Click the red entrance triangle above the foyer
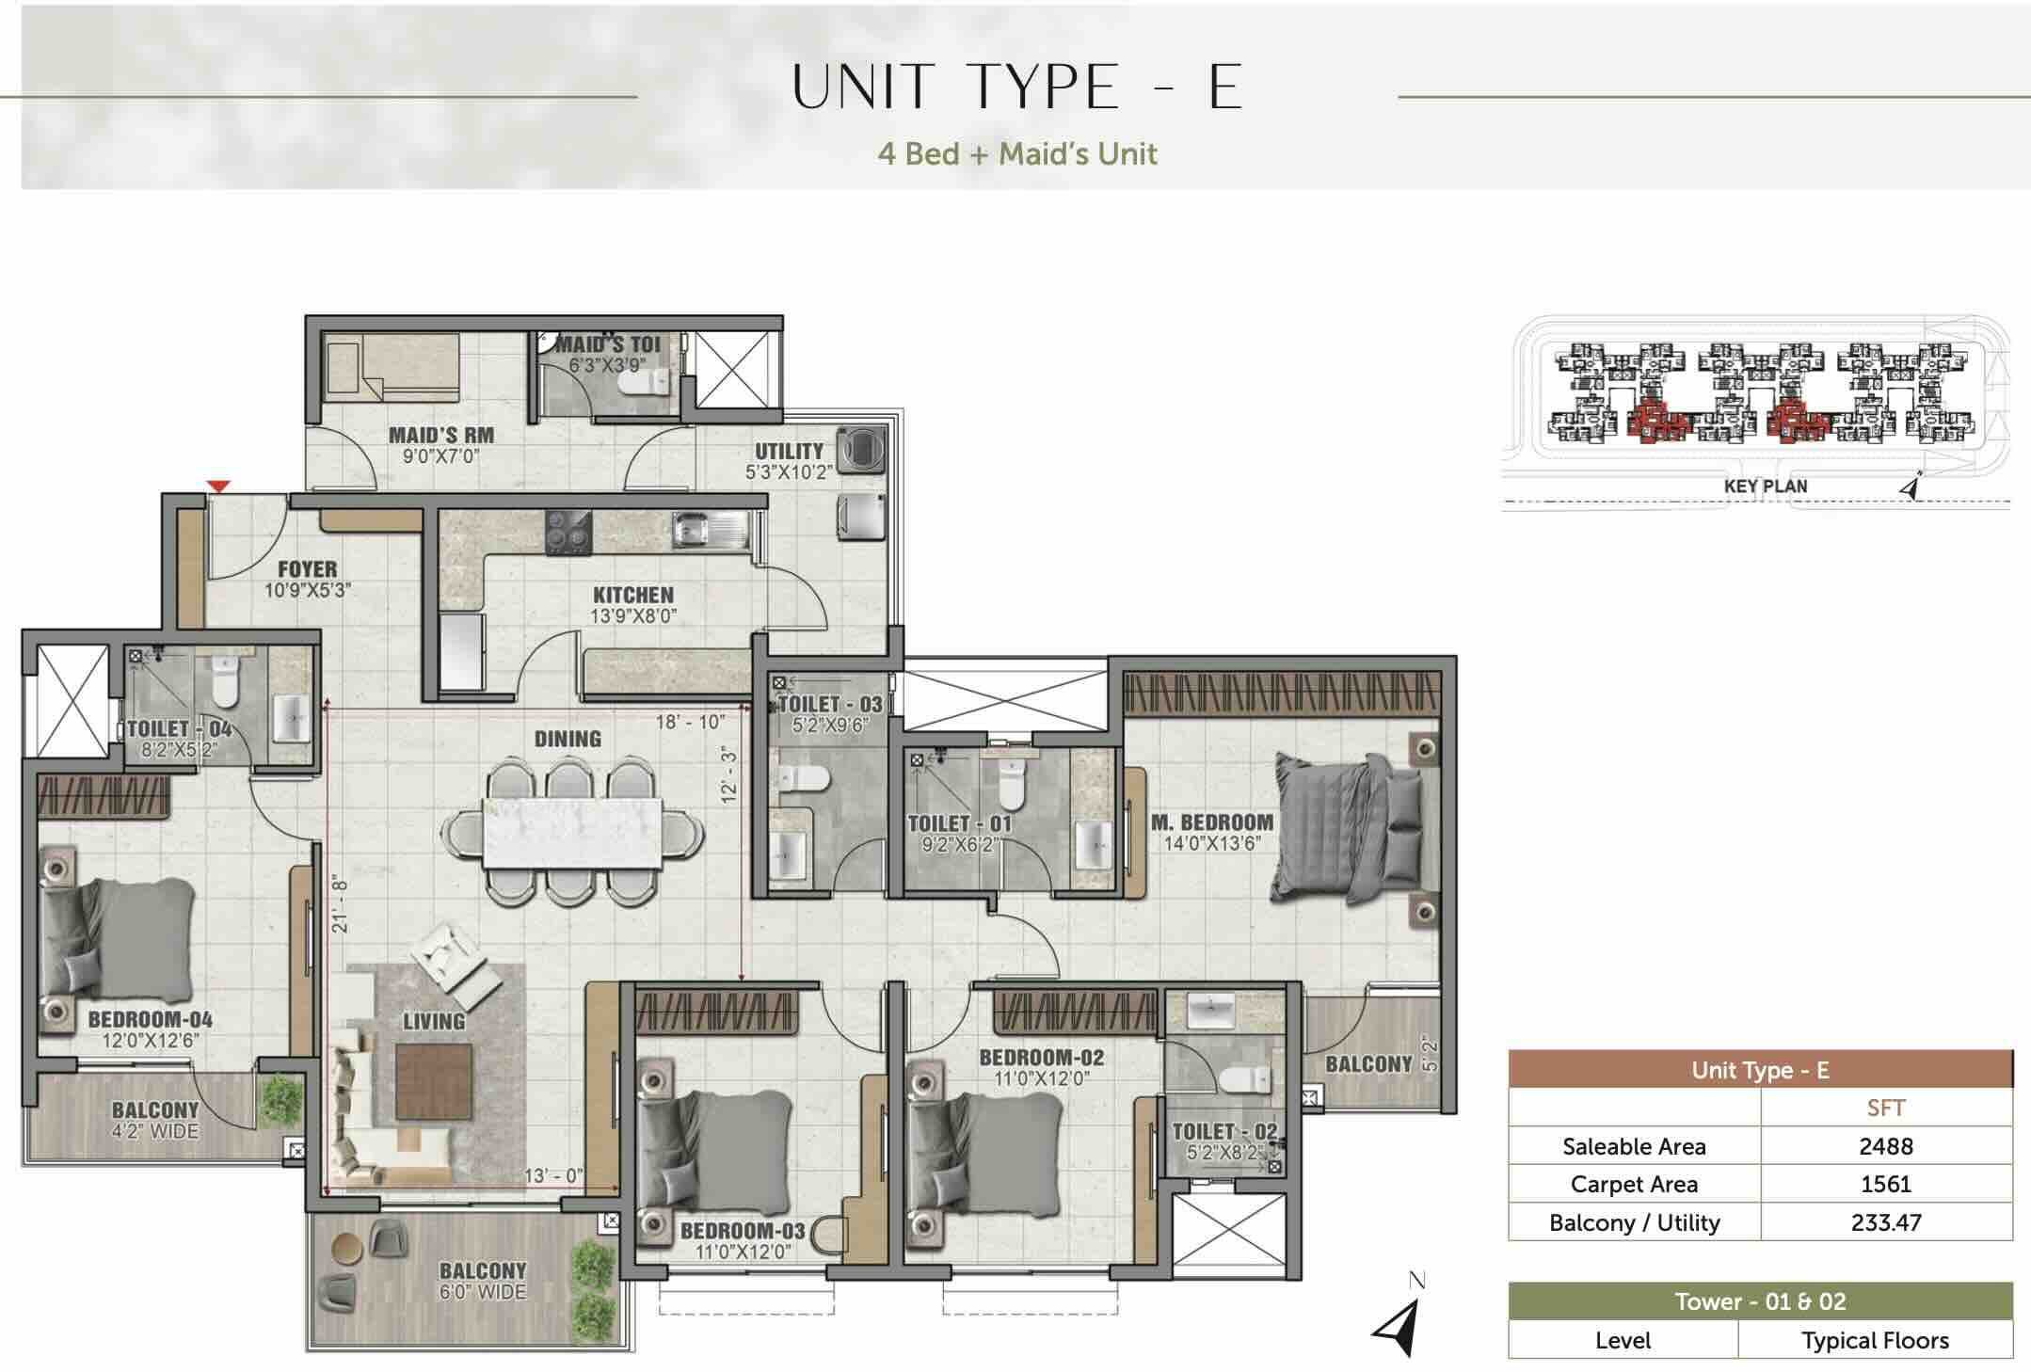click(218, 487)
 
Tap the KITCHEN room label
click(633, 595)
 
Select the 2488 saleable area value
click(1886, 1146)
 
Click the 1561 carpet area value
click(1886, 1184)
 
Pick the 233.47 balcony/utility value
click(1886, 1222)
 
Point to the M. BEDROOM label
click(1212, 822)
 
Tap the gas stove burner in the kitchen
click(569, 532)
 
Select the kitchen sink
click(710, 532)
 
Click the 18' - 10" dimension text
click(690, 722)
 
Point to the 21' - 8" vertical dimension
click(340, 904)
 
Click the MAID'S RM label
click(441, 435)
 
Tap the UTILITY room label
click(789, 451)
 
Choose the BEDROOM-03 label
click(743, 1231)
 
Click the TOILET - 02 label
click(1225, 1131)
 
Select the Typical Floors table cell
click(1875, 1340)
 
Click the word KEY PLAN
click(1766, 486)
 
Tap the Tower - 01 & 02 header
click(1760, 1301)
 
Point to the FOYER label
click(307, 569)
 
